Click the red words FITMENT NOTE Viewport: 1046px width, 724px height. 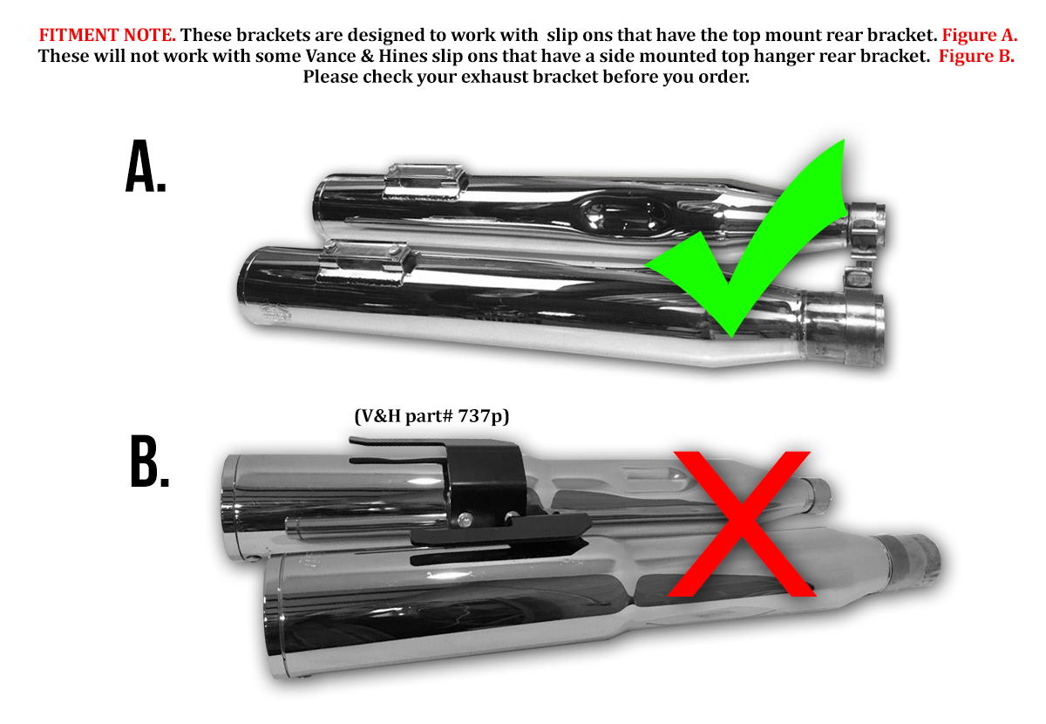click(x=107, y=35)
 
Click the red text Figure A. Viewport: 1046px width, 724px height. click(x=980, y=35)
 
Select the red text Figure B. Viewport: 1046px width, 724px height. click(x=976, y=56)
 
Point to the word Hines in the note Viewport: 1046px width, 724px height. click(x=403, y=56)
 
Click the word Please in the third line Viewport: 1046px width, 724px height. click(x=330, y=77)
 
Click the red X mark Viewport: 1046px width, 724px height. click(x=741, y=523)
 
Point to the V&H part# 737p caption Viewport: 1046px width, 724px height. click(x=432, y=416)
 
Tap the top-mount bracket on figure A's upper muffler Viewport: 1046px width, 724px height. click(x=425, y=181)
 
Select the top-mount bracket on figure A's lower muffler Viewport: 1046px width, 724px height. click(x=364, y=263)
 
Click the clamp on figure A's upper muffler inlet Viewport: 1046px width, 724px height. click(x=866, y=225)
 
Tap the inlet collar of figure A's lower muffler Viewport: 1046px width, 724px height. click(x=844, y=329)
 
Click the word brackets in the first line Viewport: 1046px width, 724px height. click(x=272, y=35)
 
